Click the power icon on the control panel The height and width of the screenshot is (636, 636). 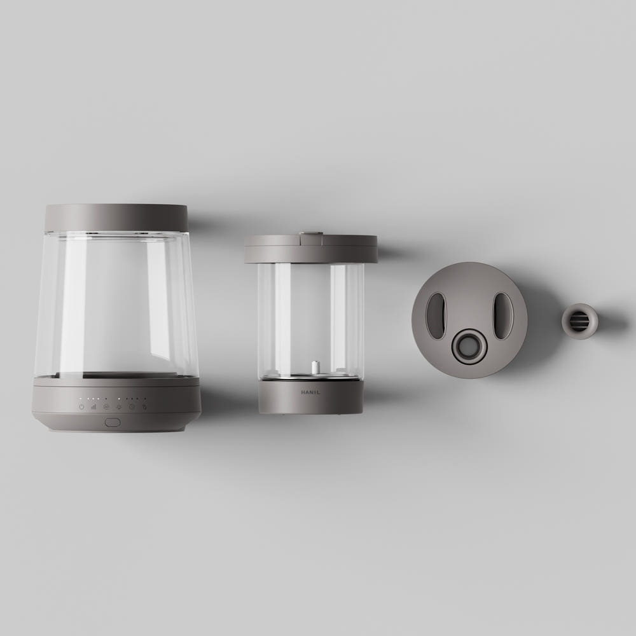pyautogui.click(x=81, y=406)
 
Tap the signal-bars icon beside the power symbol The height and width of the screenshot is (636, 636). pyautogui.click(x=93, y=406)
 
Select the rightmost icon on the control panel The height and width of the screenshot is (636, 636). pyautogui.click(x=144, y=406)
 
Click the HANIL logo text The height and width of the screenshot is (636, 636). pyautogui.click(x=310, y=392)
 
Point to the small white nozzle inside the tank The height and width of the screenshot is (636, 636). pyautogui.click(x=314, y=368)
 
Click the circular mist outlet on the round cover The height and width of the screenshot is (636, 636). pyautogui.click(x=470, y=347)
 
